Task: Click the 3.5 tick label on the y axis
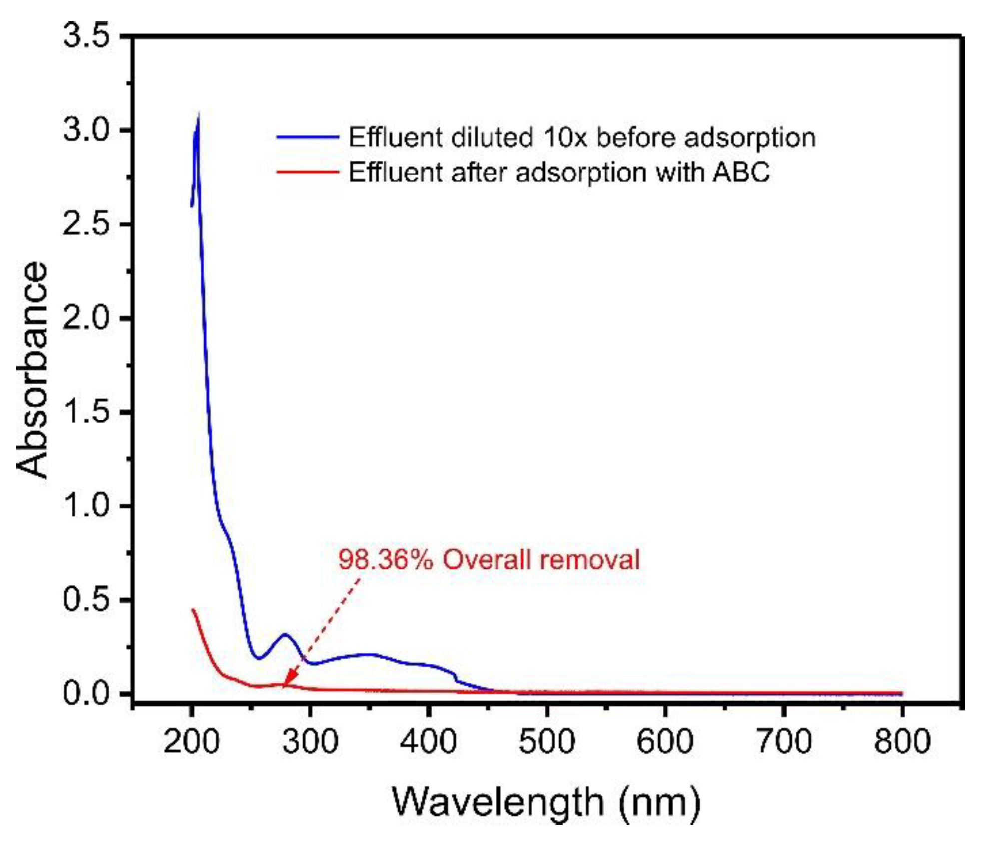point(86,37)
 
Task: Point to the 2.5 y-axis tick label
point(86,224)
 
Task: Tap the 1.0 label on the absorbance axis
point(86,506)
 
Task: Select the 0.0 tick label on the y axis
point(86,694)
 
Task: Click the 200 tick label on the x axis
point(191,742)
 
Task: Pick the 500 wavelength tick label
point(546,742)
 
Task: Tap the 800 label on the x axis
point(902,742)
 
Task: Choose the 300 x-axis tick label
point(310,742)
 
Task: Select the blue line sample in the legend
point(307,137)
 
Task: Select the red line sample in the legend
point(307,172)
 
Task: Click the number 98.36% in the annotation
point(385,559)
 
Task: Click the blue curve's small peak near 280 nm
point(285,635)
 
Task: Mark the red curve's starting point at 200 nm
point(193,610)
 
